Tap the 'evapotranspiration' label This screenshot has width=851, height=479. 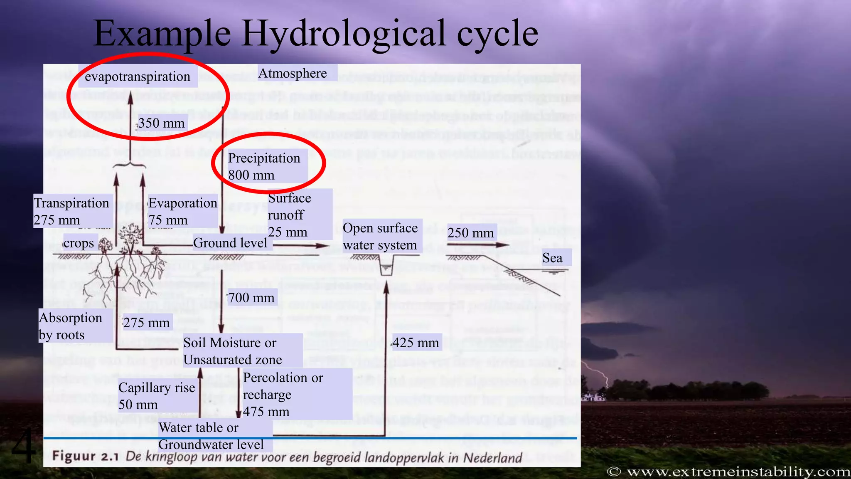(138, 77)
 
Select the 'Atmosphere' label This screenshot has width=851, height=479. (293, 73)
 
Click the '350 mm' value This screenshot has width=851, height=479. (162, 123)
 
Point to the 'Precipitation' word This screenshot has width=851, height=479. (264, 158)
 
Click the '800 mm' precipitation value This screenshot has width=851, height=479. (251, 175)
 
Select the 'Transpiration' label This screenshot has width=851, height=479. (71, 203)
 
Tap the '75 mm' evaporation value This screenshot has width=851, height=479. (168, 220)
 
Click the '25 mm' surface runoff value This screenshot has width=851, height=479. (288, 232)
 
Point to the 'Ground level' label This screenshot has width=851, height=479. (230, 243)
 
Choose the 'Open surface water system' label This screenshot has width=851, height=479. (380, 236)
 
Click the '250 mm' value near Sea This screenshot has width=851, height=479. (471, 233)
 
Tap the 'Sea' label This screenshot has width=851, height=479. (552, 258)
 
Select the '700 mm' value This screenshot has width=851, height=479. (251, 298)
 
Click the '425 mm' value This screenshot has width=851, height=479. (416, 343)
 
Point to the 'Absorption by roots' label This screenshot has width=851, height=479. (70, 326)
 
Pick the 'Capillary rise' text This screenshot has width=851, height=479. (157, 388)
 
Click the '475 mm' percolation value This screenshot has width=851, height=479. (266, 412)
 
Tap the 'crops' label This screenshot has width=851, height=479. (79, 243)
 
